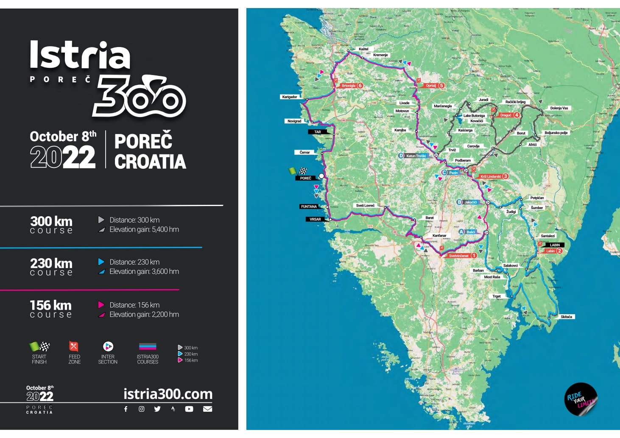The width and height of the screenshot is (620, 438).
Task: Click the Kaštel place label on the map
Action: (x=363, y=49)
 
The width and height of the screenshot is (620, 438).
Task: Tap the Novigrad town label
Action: (x=294, y=121)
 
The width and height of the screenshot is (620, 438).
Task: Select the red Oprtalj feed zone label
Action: (x=431, y=86)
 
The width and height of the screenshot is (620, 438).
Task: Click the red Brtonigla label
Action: (x=349, y=86)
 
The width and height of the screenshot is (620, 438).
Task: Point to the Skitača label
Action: (x=566, y=317)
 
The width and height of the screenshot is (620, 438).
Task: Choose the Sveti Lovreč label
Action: (x=365, y=206)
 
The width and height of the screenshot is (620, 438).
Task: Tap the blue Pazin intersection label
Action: (x=453, y=173)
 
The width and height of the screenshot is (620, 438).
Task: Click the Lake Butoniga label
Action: (x=474, y=116)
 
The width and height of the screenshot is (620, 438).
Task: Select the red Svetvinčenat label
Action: (x=459, y=256)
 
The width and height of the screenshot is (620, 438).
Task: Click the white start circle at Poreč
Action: (x=321, y=176)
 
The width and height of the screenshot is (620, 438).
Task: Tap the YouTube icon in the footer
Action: (x=189, y=409)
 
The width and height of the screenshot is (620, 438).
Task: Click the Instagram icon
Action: (x=142, y=409)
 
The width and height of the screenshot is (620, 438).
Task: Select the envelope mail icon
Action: (x=207, y=409)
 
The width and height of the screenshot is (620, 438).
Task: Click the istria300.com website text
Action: (x=168, y=394)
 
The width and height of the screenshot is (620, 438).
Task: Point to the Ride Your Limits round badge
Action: (x=581, y=399)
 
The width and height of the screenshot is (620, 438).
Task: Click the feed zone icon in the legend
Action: (x=74, y=346)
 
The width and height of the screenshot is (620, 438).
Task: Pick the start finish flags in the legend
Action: (x=39, y=346)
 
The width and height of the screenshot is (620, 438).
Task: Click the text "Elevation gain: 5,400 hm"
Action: (x=144, y=229)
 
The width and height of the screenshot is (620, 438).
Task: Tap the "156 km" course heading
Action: (x=51, y=305)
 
